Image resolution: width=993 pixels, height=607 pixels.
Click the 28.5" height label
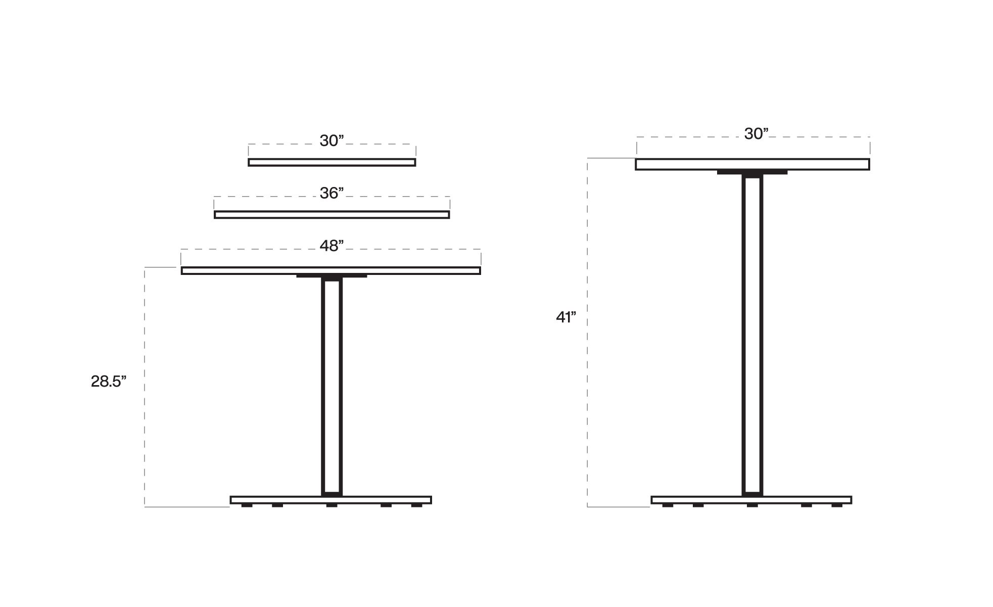(x=108, y=382)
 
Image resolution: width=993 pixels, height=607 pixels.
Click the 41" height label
(x=566, y=317)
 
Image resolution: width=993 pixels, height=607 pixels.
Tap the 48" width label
(x=332, y=246)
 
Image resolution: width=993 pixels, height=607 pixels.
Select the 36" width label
(x=332, y=194)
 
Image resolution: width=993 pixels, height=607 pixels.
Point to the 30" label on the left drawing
(x=332, y=141)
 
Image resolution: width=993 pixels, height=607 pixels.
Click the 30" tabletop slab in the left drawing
(x=332, y=162)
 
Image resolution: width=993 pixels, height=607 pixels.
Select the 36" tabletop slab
(x=332, y=215)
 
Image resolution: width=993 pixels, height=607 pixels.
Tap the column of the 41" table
(x=752, y=334)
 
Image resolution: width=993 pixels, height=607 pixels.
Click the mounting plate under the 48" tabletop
(x=332, y=276)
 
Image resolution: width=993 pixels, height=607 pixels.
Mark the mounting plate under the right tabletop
(x=752, y=173)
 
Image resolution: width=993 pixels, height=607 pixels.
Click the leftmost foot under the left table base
(x=247, y=505)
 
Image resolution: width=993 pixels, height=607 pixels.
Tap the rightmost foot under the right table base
(x=837, y=505)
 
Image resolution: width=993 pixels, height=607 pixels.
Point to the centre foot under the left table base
(x=332, y=505)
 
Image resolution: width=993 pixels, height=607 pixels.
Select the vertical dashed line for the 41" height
(x=587, y=404)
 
